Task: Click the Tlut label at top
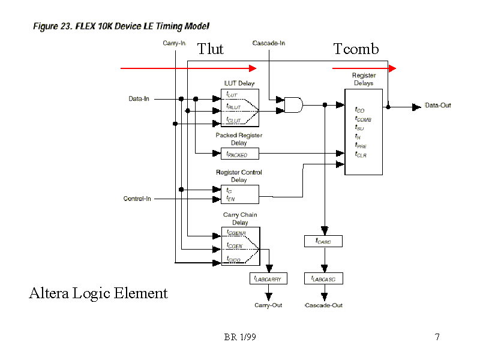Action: pos(210,49)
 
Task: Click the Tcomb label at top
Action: pos(356,49)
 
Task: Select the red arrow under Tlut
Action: pos(180,68)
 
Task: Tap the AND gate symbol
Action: pos(293,105)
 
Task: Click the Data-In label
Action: pos(139,98)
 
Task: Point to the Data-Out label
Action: pos(438,106)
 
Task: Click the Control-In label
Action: pos(137,199)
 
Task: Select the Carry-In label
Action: pos(175,43)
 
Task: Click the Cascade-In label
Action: pos(268,43)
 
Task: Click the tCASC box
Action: pos(324,241)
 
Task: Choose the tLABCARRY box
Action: pos(268,278)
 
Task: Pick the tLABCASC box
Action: pos(324,278)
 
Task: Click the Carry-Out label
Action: pos(268,305)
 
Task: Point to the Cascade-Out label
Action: pos(324,305)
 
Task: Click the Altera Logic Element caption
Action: pos(98,293)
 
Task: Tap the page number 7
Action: pos(437,337)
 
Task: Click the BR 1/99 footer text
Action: pos(240,337)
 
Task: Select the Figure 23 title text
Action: pos(121,27)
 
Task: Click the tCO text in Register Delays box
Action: pos(360,110)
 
